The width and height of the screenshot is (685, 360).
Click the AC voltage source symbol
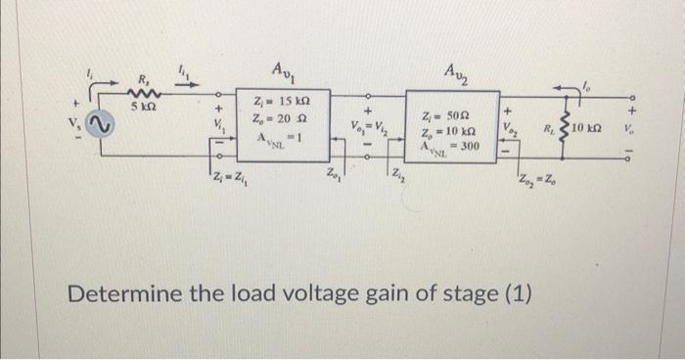pos(99,124)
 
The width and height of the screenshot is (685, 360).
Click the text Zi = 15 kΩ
pos(284,102)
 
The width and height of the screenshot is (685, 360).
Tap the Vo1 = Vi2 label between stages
pos(370,126)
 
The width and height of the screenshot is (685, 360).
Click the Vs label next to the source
pos(73,124)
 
